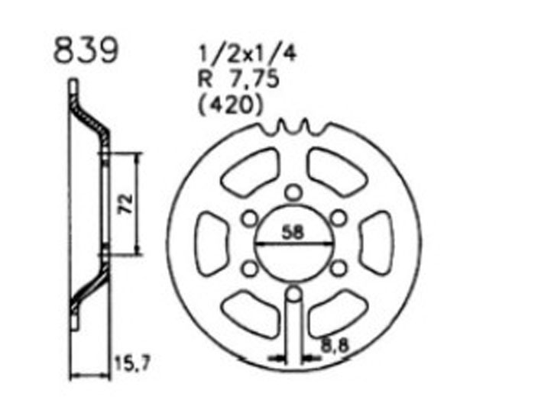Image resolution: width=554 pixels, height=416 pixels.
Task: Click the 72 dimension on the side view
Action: pyautogui.click(x=128, y=203)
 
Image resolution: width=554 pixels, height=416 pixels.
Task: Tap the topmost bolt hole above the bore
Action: pyautogui.click(x=293, y=193)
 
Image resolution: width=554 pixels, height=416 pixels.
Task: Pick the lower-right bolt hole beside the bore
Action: pyautogui.click(x=337, y=269)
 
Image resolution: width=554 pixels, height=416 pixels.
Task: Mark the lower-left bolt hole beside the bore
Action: pyautogui.click(x=248, y=269)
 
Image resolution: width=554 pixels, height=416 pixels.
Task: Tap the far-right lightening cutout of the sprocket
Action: pyautogui.click(x=376, y=243)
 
